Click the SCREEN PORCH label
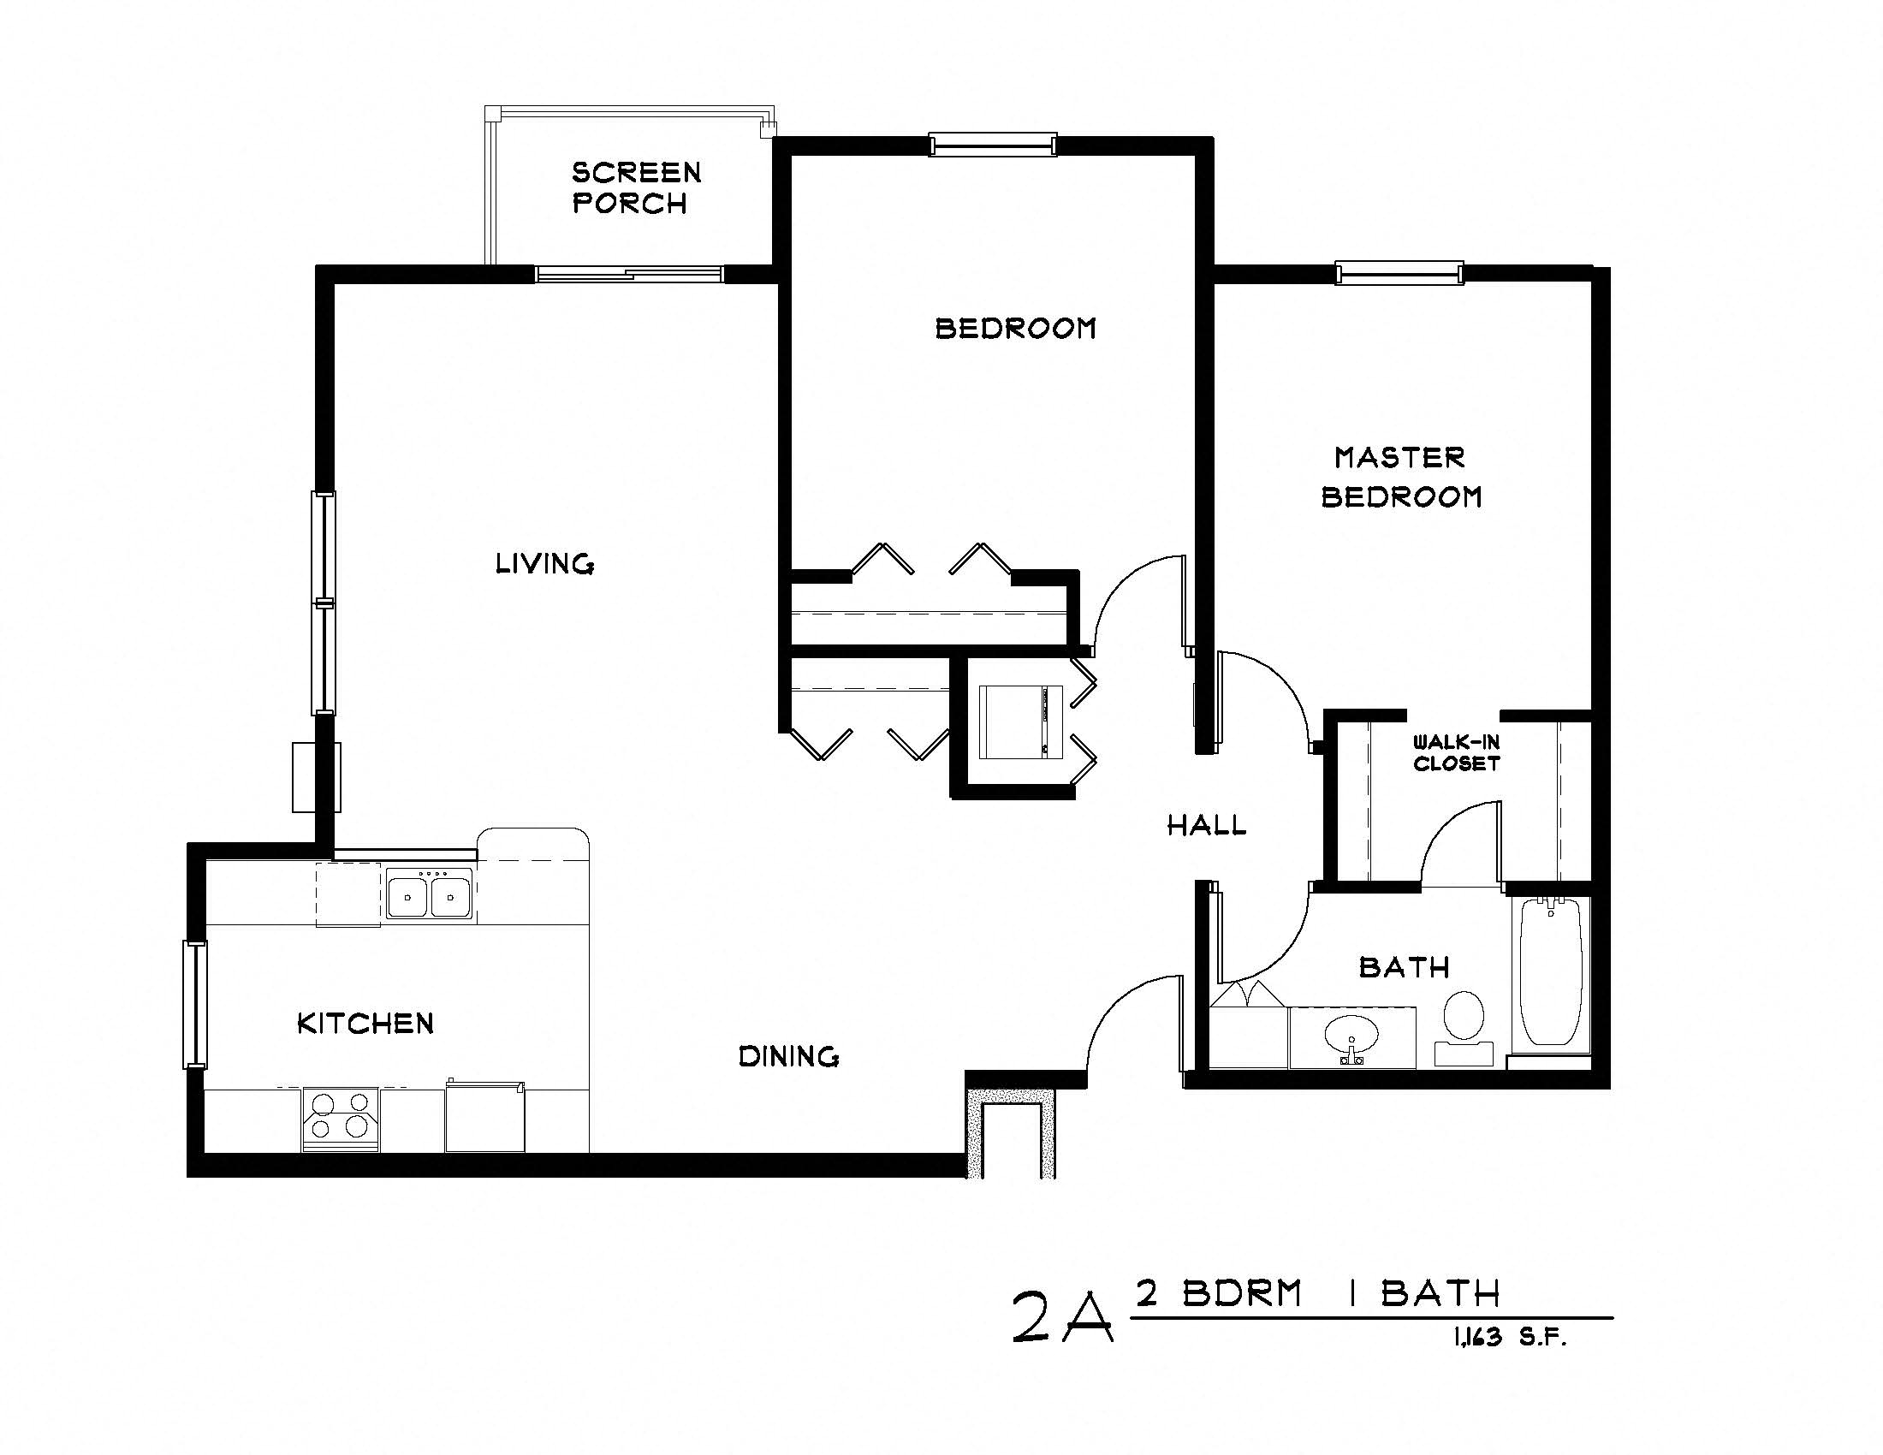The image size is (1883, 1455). click(635, 188)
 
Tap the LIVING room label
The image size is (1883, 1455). click(544, 565)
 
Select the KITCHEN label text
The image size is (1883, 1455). click(365, 1024)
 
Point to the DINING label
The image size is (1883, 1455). click(789, 1056)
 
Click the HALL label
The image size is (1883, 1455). click(1206, 826)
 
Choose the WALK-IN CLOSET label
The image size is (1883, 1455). click(1456, 752)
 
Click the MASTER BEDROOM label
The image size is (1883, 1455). click(1401, 477)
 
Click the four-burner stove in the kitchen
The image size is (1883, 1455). click(340, 1118)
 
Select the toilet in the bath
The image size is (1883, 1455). click(1463, 1021)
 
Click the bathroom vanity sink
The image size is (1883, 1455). click(1351, 1037)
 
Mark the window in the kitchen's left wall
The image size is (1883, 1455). click(195, 1005)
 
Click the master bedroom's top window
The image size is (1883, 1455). click(1399, 273)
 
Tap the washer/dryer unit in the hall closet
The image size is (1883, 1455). click(1023, 722)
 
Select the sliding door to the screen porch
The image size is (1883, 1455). click(629, 274)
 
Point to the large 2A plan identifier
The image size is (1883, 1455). click(1062, 1315)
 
